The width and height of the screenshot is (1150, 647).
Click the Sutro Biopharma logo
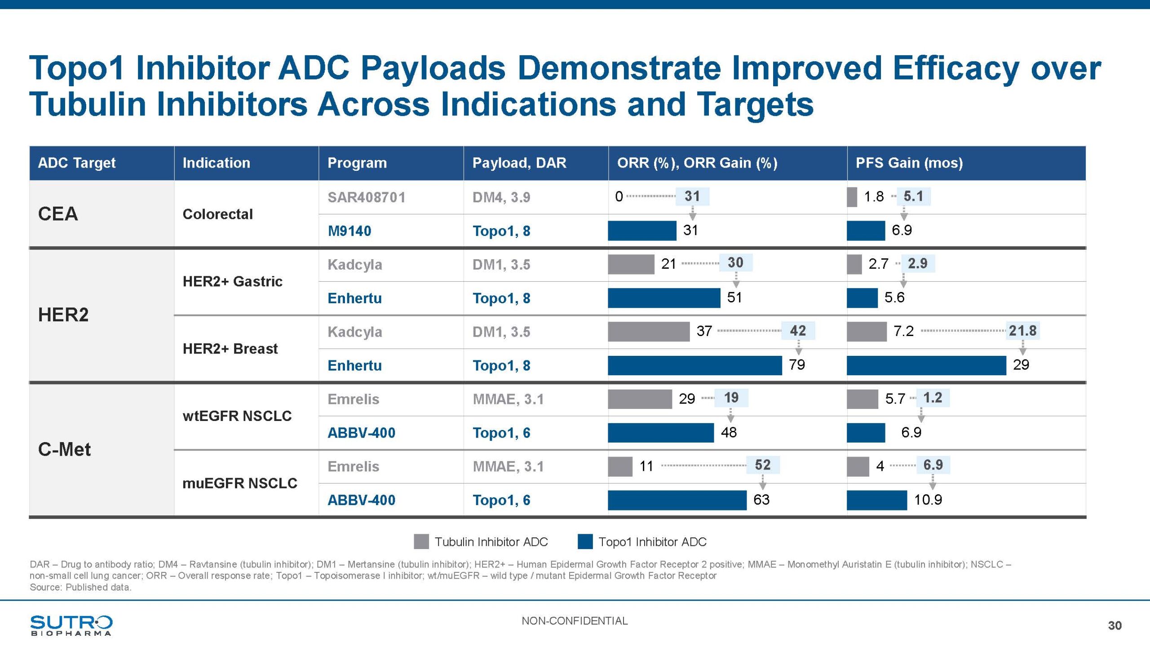coord(71,625)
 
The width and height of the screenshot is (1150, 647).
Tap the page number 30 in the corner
coord(1115,625)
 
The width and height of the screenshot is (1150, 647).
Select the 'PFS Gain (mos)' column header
coord(909,163)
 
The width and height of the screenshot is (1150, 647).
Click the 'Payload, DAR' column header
coord(519,163)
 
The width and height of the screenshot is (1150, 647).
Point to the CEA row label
coord(58,214)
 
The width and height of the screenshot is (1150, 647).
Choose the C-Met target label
coord(64,449)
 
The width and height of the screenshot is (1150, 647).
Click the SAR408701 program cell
coord(366,197)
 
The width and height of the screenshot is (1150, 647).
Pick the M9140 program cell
coord(349,231)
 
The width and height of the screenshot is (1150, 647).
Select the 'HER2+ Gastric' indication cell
coord(232,281)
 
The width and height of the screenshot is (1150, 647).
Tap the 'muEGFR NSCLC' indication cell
coord(239,483)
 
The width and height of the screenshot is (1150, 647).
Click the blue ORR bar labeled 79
coord(694,365)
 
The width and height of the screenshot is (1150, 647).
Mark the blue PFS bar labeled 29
coord(926,365)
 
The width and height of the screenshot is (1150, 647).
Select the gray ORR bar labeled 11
coord(620,466)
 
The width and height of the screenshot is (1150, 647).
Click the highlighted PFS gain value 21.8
coord(1022,331)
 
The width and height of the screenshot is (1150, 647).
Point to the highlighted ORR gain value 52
coord(762,465)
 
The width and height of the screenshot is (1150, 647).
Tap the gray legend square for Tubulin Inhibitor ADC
coord(421,541)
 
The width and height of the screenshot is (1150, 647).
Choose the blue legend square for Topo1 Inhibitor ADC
coord(585,541)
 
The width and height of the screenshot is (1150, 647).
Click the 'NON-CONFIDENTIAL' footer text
coord(575,621)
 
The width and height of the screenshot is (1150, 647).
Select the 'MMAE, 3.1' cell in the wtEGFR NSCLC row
coord(508,399)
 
